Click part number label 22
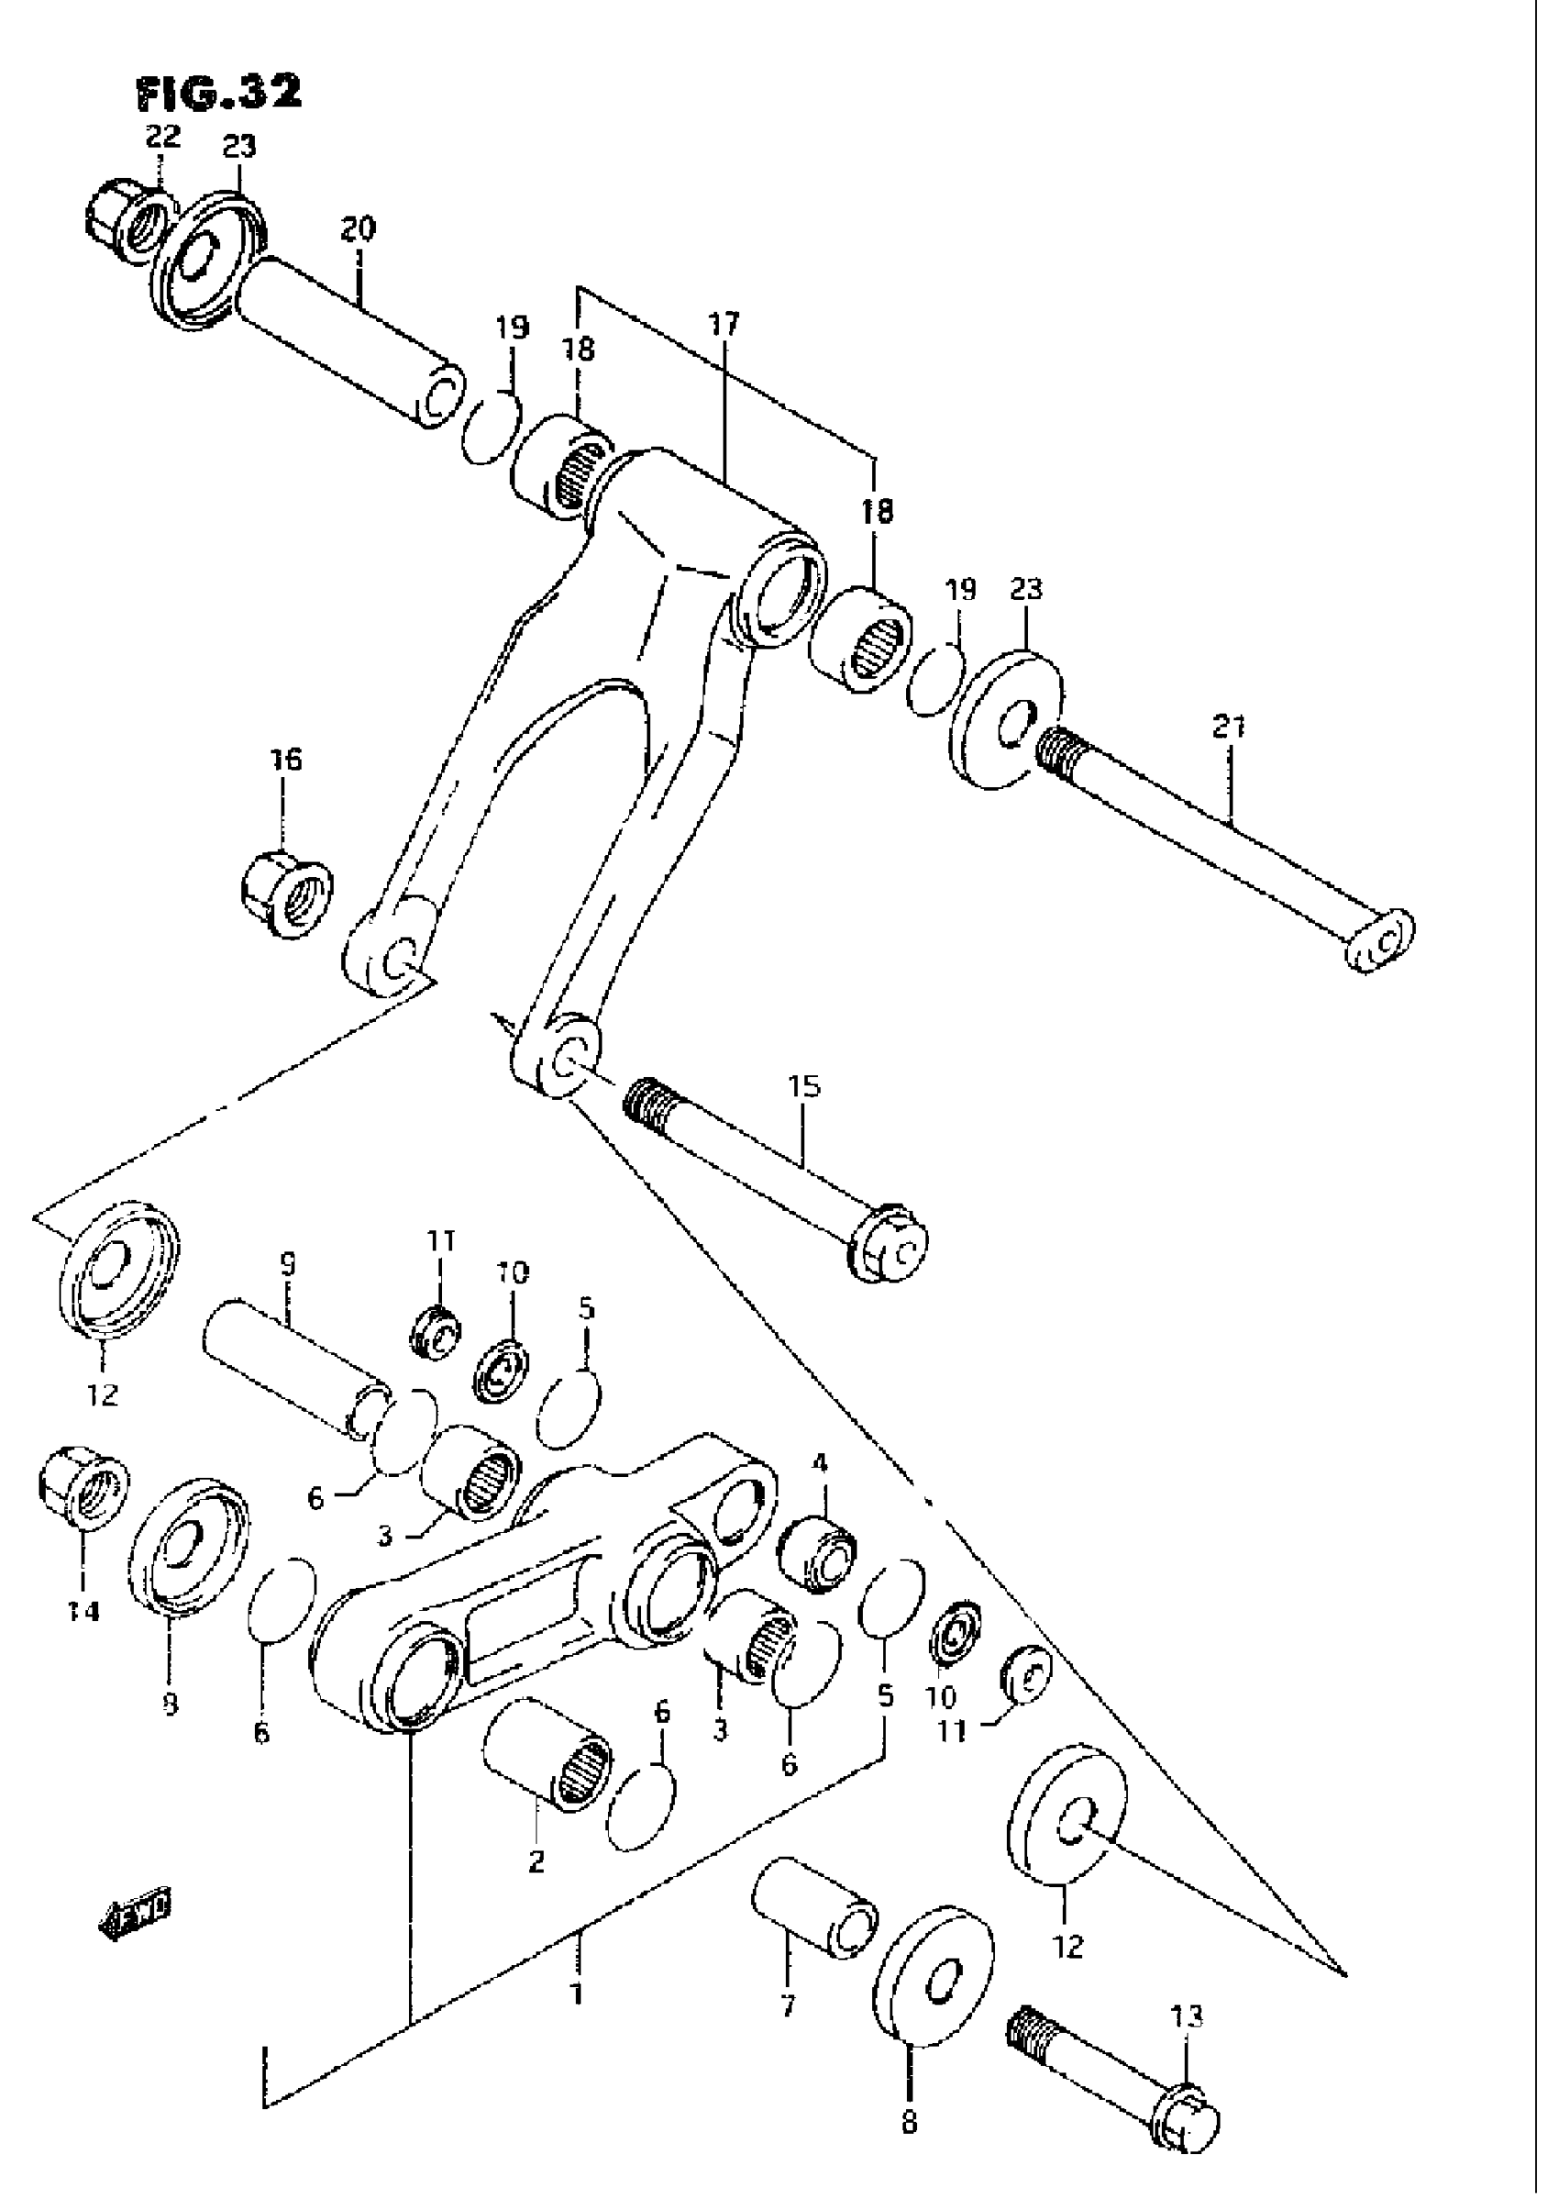(x=161, y=136)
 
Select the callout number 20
(x=357, y=229)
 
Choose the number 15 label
(x=804, y=1086)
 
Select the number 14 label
(x=83, y=1611)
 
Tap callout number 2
(x=536, y=1861)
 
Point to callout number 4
(x=819, y=1465)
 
